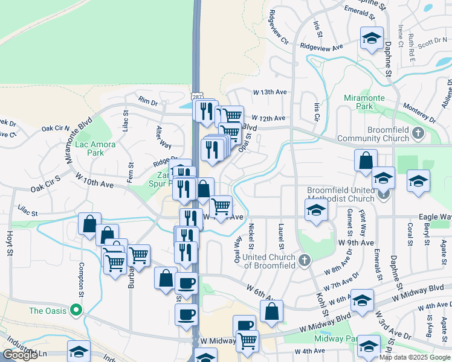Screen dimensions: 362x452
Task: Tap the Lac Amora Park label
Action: tap(90, 148)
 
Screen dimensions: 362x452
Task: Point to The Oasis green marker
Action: tap(76, 310)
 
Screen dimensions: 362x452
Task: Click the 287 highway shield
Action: tap(197, 97)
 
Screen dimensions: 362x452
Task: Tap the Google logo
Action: tap(19, 355)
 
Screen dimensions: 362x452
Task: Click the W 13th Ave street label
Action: tap(269, 92)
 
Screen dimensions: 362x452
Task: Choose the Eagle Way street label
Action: tap(435, 216)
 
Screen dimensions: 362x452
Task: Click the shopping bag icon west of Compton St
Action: tap(89, 224)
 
